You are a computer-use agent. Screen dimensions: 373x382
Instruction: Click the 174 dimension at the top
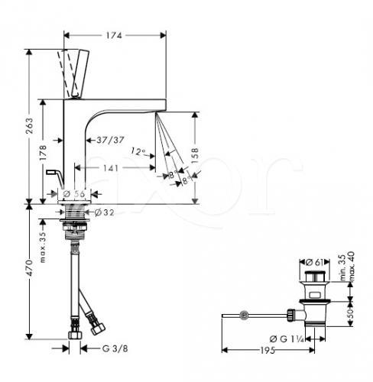tap(114, 35)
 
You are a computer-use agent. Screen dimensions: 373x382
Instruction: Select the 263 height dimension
tap(30, 126)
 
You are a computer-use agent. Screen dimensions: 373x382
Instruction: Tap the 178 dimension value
tap(43, 152)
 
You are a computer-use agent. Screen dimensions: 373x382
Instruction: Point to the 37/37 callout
tap(110, 140)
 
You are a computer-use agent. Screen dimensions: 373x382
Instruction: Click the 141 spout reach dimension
tap(111, 168)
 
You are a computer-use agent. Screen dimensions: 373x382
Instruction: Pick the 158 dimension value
tap(195, 156)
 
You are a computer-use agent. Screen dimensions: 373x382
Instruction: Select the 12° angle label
tap(138, 151)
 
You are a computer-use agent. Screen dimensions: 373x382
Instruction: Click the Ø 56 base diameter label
tap(74, 194)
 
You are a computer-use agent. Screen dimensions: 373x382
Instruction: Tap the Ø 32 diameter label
tap(104, 212)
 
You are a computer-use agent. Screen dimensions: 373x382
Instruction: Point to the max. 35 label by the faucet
tap(43, 247)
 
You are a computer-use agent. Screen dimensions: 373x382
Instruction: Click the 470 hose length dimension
tap(30, 268)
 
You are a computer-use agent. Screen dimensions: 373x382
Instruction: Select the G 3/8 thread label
tap(115, 348)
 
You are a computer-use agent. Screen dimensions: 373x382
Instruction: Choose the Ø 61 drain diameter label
tap(314, 262)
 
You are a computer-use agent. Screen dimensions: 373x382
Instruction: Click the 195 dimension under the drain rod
tap(268, 351)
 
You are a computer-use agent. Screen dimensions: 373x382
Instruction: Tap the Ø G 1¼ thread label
tap(287, 339)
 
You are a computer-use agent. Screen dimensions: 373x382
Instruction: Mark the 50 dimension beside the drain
tap(351, 314)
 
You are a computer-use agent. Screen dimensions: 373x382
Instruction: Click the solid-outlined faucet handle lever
tap(80, 74)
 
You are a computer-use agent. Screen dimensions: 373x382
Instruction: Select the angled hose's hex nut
tap(98, 329)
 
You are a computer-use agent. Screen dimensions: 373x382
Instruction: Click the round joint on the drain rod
tap(244, 316)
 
